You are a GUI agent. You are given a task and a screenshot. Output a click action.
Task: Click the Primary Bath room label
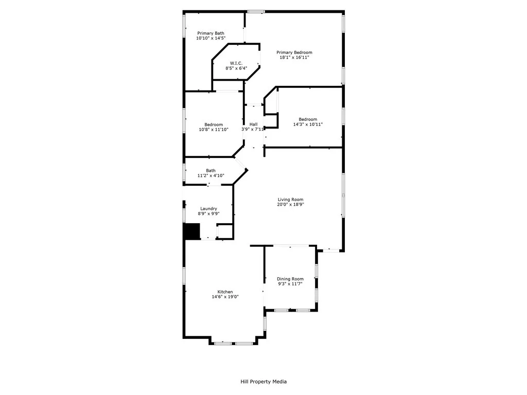point(210,33)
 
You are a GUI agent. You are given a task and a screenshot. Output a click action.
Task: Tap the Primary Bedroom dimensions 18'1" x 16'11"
point(294,58)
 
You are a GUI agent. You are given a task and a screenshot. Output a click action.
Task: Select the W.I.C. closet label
point(236,63)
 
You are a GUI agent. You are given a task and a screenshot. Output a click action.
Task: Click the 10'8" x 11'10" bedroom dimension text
point(214,130)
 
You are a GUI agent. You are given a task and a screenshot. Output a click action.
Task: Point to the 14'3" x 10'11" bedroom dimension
point(308,124)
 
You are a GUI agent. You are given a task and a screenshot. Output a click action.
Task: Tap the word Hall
point(253,124)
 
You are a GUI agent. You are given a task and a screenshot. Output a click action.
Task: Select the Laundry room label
point(208,208)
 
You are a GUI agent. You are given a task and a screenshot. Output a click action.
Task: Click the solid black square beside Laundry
point(192,231)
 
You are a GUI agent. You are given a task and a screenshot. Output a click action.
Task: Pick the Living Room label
point(290,200)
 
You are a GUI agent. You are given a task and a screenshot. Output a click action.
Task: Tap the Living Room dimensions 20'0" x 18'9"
point(290,205)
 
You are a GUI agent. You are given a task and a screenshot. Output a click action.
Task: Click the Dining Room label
point(290,279)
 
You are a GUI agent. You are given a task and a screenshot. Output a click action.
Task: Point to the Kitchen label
point(225,292)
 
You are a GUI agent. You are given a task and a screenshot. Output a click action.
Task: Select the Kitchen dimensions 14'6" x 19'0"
point(225,297)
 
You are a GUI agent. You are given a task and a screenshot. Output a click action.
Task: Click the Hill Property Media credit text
point(263,382)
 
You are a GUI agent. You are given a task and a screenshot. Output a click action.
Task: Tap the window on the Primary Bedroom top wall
point(256,11)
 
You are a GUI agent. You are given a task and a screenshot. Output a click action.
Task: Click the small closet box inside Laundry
point(225,231)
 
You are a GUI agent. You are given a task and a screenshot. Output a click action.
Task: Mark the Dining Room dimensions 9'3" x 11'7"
point(290,284)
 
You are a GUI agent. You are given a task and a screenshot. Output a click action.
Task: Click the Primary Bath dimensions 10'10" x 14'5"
point(210,38)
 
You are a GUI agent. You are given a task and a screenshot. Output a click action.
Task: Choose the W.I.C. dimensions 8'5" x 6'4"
point(236,68)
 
